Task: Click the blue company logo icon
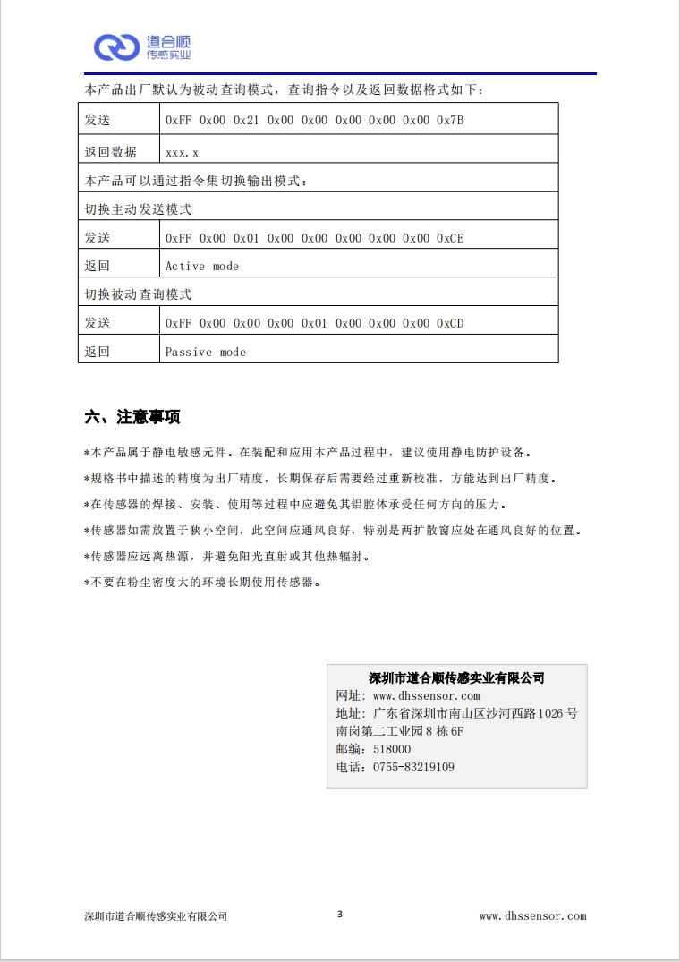pyautogui.click(x=116, y=47)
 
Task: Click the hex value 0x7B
pyautogui.click(x=450, y=120)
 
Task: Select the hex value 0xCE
pyautogui.click(x=450, y=238)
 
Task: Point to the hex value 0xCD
pyautogui.click(x=450, y=323)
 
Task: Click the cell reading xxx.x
pyautogui.click(x=182, y=153)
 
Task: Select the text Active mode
pyautogui.click(x=202, y=267)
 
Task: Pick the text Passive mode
pyautogui.click(x=205, y=352)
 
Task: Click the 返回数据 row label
pyautogui.click(x=110, y=152)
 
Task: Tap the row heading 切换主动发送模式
pyautogui.click(x=138, y=209)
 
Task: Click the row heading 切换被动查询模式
pyautogui.click(x=138, y=294)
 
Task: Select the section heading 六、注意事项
pyautogui.click(x=132, y=417)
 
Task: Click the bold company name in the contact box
pyautogui.click(x=456, y=678)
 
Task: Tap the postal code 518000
pyautogui.click(x=392, y=750)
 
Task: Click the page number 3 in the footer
pyautogui.click(x=340, y=915)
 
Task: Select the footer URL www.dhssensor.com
pyautogui.click(x=532, y=916)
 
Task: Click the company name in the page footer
pyautogui.click(x=156, y=916)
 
